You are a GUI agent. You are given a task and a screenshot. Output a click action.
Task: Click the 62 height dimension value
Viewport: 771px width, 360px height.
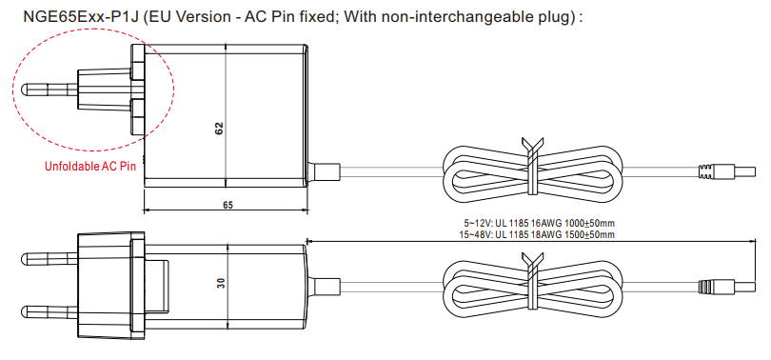click(219, 129)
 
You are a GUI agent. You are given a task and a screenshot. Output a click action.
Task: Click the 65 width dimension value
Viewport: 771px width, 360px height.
click(227, 205)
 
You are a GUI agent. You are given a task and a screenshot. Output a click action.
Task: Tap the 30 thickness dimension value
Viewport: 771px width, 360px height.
click(221, 283)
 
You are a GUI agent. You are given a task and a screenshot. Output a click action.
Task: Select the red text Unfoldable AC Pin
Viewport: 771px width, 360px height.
click(90, 167)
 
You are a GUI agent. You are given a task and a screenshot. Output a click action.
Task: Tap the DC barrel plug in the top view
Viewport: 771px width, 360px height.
click(727, 172)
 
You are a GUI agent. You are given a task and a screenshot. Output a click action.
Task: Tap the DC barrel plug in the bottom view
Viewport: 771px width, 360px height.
click(727, 287)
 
